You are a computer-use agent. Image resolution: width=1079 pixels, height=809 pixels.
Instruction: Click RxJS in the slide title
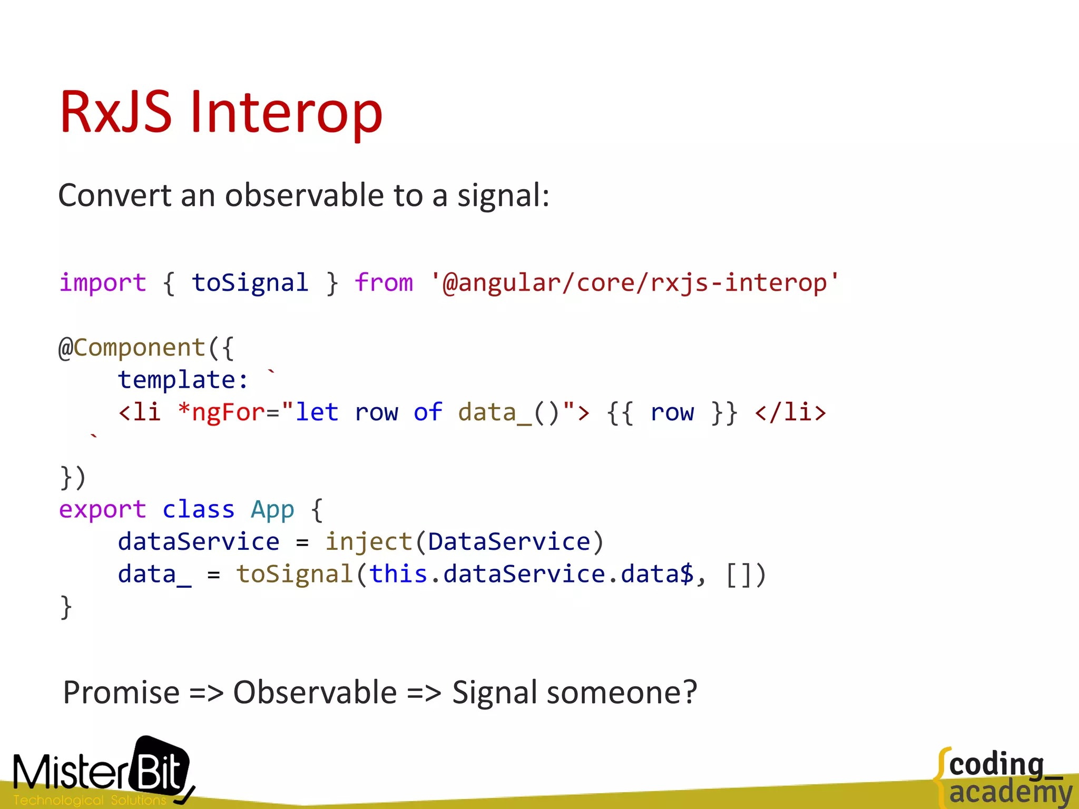pos(115,112)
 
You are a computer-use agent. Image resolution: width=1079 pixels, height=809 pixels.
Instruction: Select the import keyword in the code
pos(102,283)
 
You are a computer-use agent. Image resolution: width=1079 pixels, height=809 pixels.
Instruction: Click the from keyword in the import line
pos(384,283)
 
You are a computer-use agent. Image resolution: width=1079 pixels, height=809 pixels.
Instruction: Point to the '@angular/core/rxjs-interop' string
pos(634,283)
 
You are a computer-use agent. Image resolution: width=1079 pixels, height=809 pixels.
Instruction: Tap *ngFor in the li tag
pos(221,412)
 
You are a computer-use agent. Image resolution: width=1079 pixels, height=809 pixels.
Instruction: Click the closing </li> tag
pos(790,412)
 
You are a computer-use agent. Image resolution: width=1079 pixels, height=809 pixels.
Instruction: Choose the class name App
pos(272,510)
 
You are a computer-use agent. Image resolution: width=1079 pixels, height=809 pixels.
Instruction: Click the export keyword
pos(102,510)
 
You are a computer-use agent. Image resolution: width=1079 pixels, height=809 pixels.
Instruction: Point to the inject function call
pos(368,542)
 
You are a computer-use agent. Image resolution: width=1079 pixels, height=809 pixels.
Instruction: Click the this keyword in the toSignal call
pos(398,574)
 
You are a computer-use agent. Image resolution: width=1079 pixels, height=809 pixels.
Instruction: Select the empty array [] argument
pos(738,575)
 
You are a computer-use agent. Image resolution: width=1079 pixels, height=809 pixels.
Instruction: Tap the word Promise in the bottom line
pos(121,693)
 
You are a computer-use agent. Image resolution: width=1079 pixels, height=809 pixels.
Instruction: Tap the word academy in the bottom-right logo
pos(1011,792)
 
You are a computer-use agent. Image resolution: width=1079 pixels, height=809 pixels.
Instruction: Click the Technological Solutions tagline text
pos(90,800)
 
